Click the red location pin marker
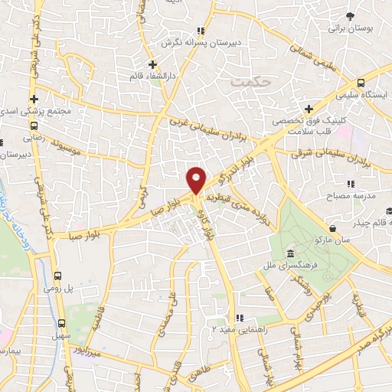pos(196,179)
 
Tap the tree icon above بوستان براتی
pos(349,15)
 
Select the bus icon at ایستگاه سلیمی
pos(361,83)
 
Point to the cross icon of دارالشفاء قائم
pos(152,64)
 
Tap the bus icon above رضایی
pos(33,126)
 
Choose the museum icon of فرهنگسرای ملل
pos(290,254)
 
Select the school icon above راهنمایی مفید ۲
pos(239,318)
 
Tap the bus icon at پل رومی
pos(60,276)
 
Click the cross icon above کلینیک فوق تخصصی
pos(309,109)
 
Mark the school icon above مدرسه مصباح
pos(351,184)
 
